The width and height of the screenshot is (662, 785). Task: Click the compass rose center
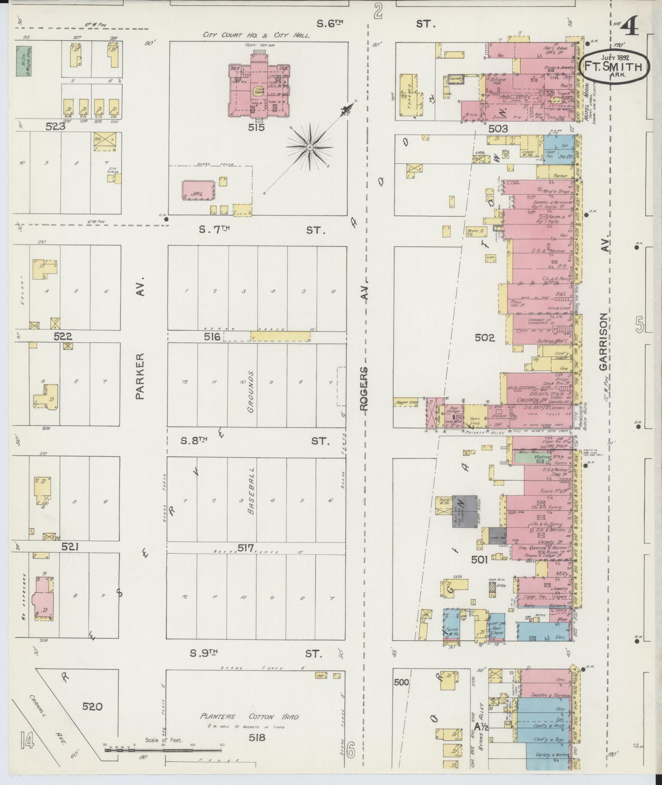tap(310, 146)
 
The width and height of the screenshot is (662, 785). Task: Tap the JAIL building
tap(198, 190)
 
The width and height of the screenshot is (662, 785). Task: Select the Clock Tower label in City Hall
tap(259, 91)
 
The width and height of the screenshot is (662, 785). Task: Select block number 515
tap(256, 127)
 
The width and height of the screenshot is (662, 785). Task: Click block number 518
tap(257, 737)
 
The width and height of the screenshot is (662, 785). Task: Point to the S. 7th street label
tap(214, 230)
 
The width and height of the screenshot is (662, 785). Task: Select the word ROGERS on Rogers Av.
tap(364, 388)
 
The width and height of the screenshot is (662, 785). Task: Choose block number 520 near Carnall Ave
tap(92, 706)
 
